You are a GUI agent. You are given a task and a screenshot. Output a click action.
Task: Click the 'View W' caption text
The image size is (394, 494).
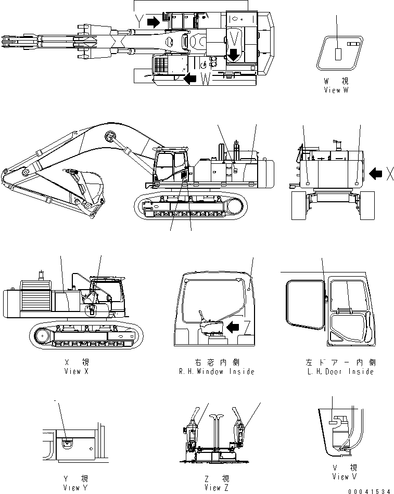[336, 89]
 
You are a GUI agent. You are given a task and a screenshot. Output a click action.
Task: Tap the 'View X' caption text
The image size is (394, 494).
[72, 371]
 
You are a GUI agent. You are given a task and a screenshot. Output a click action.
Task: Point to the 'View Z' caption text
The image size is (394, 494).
[213, 488]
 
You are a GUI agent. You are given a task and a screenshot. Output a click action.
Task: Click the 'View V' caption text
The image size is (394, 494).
[345, 476]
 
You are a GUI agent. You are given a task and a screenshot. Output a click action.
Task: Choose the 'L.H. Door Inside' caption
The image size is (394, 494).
[341, 371]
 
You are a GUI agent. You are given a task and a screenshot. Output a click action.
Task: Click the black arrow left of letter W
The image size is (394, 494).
[190, 79]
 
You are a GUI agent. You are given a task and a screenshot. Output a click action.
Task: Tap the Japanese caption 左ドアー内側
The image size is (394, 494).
[341, 362]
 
